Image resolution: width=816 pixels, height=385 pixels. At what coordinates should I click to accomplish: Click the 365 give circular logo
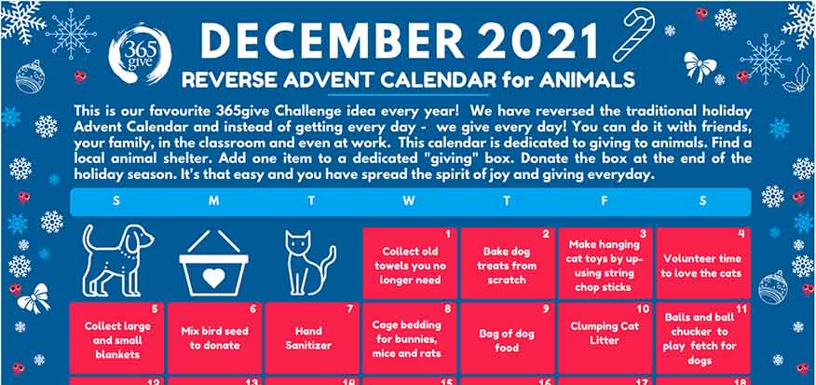pyautogui.click(x=139, y=54)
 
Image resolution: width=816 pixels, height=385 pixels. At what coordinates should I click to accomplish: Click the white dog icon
pyautogui.click(x=117, y=260)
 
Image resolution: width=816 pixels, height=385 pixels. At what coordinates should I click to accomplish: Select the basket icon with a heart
pyautogui.click(x=213, y=263)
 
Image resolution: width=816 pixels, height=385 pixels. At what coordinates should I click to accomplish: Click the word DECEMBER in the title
pyautogui.click(x=332, y=41)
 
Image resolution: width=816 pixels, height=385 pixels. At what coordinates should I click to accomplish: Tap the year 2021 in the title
pyautogui.click(x=538, y=41)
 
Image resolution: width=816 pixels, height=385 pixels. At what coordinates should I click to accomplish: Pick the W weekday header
pyautogui.click(x=409, y=201)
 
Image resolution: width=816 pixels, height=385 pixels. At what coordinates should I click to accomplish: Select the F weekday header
pyautogui.click(x=604, y=201)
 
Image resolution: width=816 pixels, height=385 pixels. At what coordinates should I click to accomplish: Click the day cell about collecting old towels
pyautogui.click(x=410, y=263)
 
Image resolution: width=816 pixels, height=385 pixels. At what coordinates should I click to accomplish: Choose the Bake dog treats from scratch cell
pyautogui.click(x=508, y=263)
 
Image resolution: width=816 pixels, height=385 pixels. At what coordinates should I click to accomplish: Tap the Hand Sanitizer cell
pyautogui.click(x=312, y=337)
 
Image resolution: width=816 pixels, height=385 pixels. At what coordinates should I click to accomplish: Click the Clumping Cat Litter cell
pyautogui.click(x=605, y=337)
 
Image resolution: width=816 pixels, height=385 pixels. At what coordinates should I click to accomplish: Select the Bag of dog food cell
pyautogui.click(x=508, y=337)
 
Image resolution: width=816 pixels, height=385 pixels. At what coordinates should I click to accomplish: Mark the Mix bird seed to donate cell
pyautogui.click(x=214, y=337)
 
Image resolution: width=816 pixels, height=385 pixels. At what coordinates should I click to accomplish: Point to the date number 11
pyautogui.click(x=741, y=309)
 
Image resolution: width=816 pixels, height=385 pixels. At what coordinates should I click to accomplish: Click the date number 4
pyautogui.click(x=741, y=234)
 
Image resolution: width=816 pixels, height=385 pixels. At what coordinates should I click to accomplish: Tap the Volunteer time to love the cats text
pyautogui.click(x=701, y=266)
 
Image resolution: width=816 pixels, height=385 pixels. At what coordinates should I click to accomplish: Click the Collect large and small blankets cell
pyautogui.click(x=116, y=337)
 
